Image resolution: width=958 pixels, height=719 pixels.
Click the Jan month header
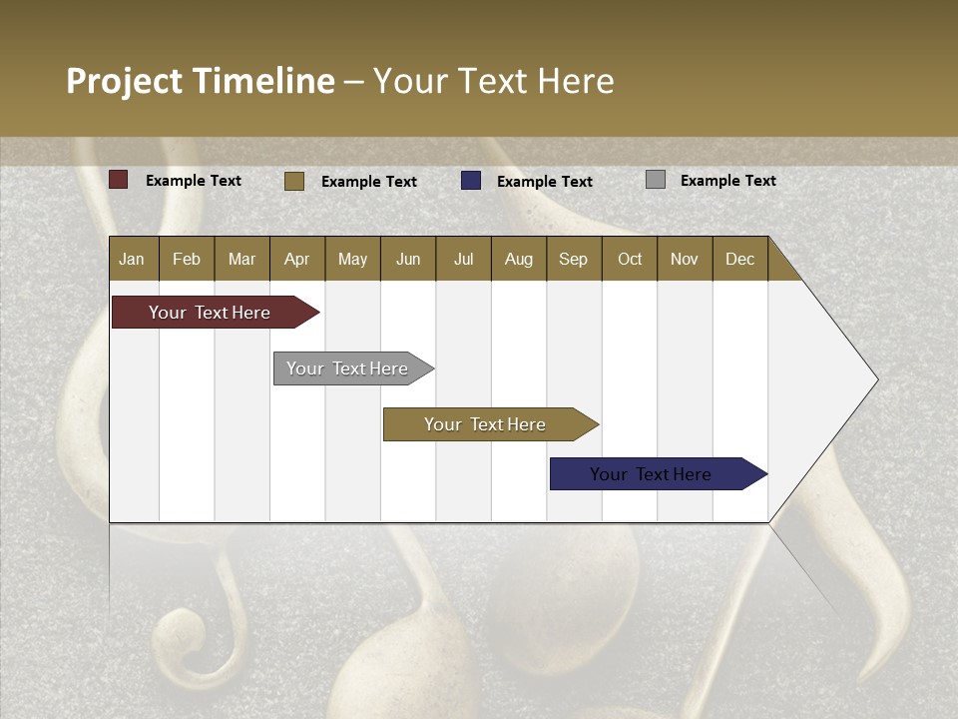pos(133,259)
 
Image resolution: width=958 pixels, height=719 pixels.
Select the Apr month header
pos(297,259)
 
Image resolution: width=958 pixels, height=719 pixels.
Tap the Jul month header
pos(463,259)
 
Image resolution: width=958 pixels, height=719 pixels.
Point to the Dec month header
pos(739,259)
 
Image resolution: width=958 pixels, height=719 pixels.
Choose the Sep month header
pos(573,259)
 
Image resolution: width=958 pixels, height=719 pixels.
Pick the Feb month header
pos(187,259)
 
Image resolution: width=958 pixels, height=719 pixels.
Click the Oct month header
pos(630,259)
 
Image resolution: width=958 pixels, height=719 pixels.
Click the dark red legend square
pos(119,180)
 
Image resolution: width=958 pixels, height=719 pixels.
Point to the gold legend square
pos(294,181)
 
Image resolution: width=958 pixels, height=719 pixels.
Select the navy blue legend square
pos(471,180)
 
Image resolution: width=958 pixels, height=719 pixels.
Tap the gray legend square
pos(656,180)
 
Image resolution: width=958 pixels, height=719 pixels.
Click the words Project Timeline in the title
pos(200,81)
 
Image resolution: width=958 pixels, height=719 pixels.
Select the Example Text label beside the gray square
pos(727,181)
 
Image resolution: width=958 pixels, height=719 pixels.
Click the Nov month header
pos(685,259)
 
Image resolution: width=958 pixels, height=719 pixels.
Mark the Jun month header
pos(408,259)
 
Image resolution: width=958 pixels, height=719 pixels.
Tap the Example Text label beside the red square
pos(194,181)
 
